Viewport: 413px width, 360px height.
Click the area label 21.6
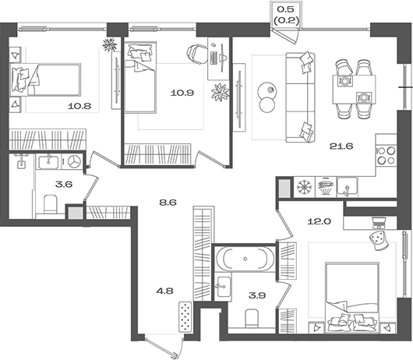pos(341,146)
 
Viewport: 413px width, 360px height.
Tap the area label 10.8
pos(79,106)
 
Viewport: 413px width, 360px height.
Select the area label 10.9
pos(182,93)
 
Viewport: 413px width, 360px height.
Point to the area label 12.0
pos(319,221)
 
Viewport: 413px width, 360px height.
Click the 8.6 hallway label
pos(168,203)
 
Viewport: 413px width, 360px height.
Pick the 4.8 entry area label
pos(164,291)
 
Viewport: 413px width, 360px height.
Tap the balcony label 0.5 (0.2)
pos(286,15)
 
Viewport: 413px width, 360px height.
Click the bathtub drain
pos(245,259)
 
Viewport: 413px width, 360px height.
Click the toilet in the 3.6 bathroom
pos(50,204)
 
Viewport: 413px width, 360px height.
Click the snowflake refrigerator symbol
pos(304,187)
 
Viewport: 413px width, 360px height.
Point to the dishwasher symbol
pos(326,187)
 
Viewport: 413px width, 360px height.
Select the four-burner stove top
pos(387,155)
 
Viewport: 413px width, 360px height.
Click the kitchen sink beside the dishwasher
pos(348,187)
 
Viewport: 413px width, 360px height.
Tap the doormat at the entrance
pos(185,316)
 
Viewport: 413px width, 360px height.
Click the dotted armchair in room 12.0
pos(379,240)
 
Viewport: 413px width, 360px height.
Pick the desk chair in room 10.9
pos(196,54)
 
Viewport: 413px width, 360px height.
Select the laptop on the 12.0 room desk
pos(379,223)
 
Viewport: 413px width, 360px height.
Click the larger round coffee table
pos(267,90)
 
